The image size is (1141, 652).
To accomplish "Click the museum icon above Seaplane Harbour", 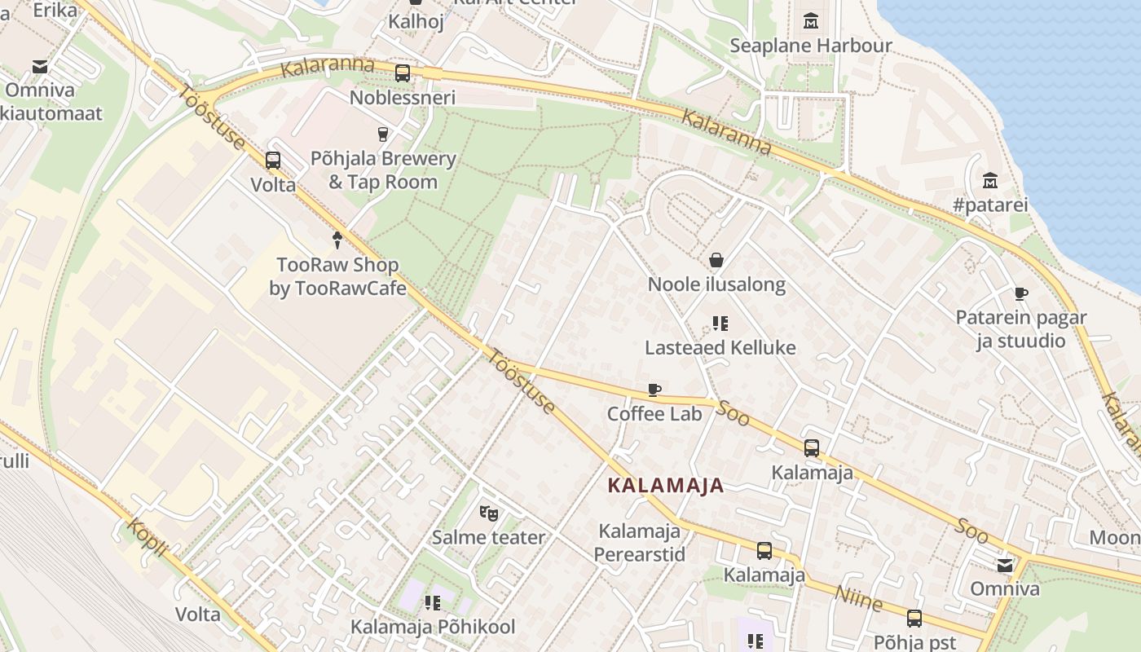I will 811,20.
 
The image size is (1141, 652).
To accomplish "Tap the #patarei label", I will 990,205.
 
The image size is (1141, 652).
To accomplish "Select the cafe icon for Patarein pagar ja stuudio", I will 1020,293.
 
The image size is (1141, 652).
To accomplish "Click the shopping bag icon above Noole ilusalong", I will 716,260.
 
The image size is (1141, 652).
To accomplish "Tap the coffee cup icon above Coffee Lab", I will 654,390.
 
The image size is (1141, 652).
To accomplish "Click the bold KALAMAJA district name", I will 665,486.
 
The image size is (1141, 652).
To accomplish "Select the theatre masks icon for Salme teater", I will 488,513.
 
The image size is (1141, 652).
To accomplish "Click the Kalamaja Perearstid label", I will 639,543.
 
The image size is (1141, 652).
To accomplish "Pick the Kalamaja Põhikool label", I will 433,627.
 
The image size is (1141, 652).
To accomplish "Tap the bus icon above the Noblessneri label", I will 403,73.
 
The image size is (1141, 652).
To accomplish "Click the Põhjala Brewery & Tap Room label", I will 383,170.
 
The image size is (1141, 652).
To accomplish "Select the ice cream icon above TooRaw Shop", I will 337,240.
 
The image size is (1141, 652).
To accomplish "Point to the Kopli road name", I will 148,538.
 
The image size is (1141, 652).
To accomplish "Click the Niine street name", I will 858,600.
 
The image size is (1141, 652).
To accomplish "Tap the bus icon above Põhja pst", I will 914,619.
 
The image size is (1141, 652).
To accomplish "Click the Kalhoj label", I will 416,21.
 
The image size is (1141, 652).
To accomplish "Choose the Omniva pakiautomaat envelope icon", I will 39,66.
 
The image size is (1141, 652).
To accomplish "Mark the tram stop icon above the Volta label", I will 273,161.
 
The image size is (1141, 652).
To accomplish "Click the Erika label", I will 55,10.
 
